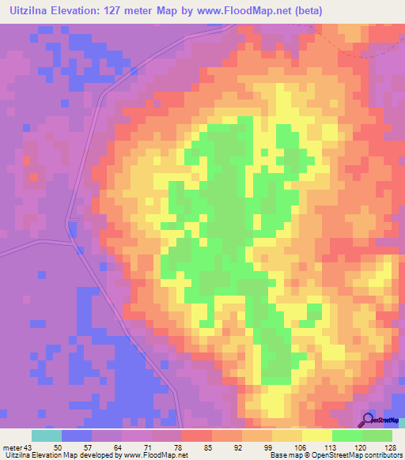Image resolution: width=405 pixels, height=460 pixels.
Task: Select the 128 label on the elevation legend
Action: coord(391,447)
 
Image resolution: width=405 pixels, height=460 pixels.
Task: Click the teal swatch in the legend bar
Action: coord(47,435)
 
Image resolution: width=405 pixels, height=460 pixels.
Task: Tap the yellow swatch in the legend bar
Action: coord(316,435)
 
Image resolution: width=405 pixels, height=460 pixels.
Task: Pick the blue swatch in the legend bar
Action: coord(77,435)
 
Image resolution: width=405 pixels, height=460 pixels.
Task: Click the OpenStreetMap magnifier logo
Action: coord(369,420)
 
